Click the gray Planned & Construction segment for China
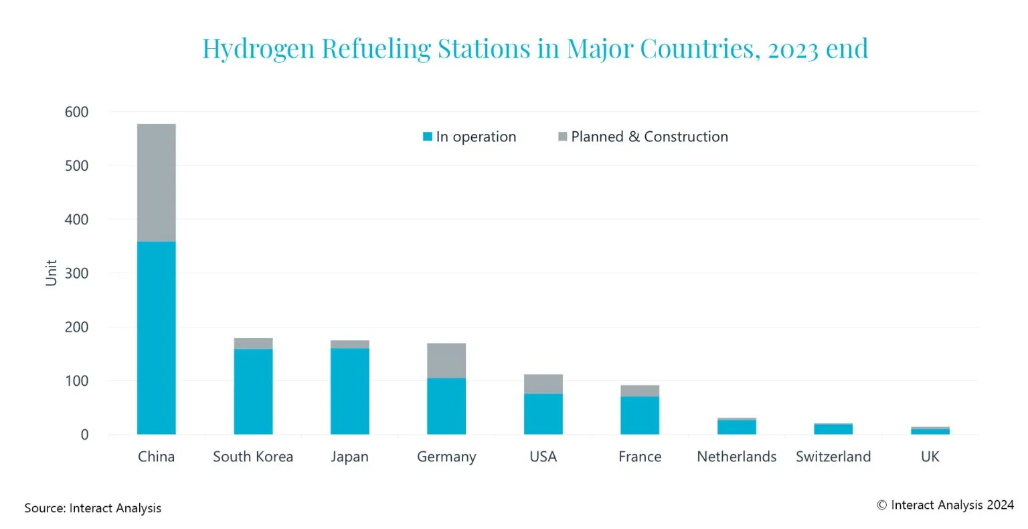point(156,182)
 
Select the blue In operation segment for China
point(156,337)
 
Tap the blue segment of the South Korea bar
point(253,391)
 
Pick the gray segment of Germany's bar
point(446,360)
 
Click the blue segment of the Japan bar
point(349,391)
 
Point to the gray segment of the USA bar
point(543,384)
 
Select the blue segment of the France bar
point(640,415)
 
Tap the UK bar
point(930,431)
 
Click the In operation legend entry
point(469,137)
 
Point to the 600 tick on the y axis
point(76,112)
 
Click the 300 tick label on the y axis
point(76,273)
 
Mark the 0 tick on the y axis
point(84,435)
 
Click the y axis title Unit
point(51,273)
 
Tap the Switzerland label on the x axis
point(833,457)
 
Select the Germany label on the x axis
point(446,457)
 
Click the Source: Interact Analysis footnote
point(92,508)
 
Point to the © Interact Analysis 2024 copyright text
point(945,505)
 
